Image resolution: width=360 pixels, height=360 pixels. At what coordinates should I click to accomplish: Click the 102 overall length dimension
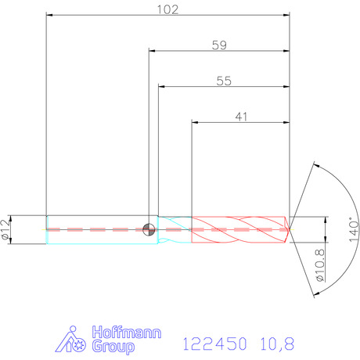(167, 9)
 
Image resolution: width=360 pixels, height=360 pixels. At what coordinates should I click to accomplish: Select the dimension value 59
(219, 45)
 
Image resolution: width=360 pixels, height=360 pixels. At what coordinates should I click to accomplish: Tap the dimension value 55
(224, 81)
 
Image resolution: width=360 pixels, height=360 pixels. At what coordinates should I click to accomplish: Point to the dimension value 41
(241, 117)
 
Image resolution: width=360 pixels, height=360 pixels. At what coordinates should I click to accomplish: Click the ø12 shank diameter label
(5, 229)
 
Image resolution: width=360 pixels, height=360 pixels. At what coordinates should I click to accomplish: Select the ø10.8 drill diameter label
(320, 265)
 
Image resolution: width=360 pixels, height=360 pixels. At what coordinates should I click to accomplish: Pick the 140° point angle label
(354, 229)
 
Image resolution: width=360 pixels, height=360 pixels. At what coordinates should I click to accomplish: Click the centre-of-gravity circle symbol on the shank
(149, 230)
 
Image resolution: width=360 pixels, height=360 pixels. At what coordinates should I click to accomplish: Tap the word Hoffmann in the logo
(127, 333)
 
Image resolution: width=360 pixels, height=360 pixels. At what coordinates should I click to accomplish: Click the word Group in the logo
(113, 347)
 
